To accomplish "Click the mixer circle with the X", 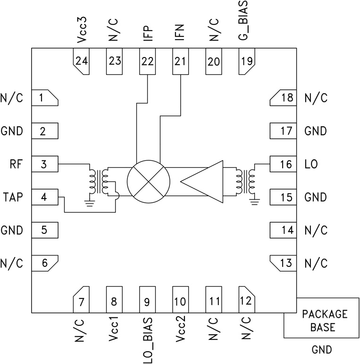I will coord(149,182).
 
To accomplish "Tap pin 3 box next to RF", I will coord(44,165).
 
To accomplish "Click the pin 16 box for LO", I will coord(282,165).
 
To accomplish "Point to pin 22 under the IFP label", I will coord(148,61).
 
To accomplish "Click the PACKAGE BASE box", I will coord(321,321).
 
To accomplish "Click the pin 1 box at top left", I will coord(44,98).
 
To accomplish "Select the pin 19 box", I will coord(247,61).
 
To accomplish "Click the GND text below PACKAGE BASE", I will coord(322,350).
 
